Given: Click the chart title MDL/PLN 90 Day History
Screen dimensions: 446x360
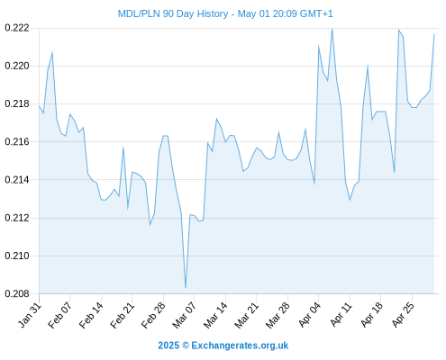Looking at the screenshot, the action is pyautogui.click(x=173, y=14).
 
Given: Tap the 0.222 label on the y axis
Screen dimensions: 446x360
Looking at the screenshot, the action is pyautogui.click(x=17, y=28).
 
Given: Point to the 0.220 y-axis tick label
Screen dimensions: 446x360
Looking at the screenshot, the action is pyautogui.click(x=17, y=66).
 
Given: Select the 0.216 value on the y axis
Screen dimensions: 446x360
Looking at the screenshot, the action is pyautogui.click(x=17, y=141).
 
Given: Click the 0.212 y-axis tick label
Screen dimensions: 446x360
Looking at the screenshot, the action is pyautogui.click(x=17, y=218).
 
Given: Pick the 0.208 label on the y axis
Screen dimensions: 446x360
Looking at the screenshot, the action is pyautogui.click(x=17, y=293).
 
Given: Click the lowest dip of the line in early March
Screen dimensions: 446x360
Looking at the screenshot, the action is pyautogui.click(x=186, y=288).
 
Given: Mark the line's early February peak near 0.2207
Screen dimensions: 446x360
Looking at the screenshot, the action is pyautogui.click(x=52, y=52).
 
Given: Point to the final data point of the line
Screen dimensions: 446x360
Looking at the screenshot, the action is pyautogui.click(x=434, y=34).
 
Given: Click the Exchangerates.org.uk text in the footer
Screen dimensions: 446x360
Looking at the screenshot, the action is pyautogui.click(x=240, y=346).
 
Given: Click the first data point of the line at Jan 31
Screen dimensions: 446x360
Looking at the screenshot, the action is pyautogui.click(x=39, y=105).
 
